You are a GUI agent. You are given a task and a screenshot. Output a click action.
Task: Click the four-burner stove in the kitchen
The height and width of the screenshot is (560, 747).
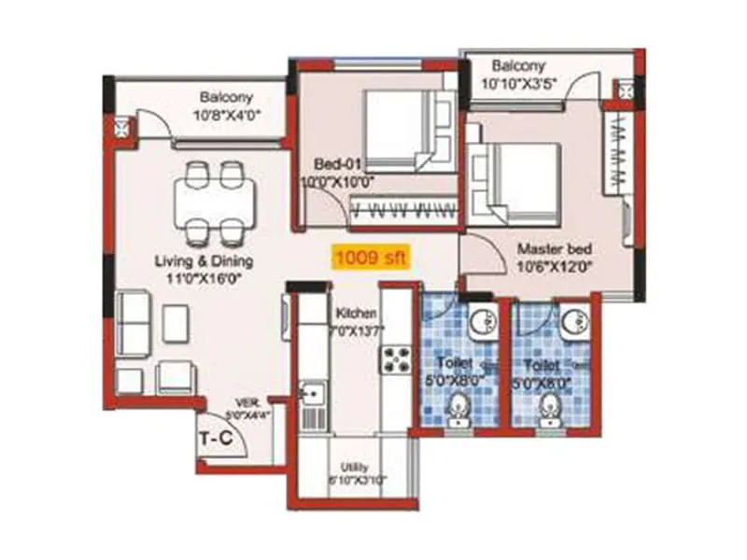coord(396,359)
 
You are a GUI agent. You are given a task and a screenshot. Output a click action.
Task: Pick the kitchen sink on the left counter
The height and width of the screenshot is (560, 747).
coord(311,397)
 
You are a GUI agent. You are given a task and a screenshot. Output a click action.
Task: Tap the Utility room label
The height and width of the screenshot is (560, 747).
coord(355,467)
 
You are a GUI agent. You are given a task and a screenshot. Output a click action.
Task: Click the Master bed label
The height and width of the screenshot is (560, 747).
coord(555,250)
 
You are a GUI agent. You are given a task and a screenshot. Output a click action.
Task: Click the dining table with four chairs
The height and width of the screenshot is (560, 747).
coord(215,202)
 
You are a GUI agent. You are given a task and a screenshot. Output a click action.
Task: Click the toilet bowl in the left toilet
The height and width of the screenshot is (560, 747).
coord(458,407)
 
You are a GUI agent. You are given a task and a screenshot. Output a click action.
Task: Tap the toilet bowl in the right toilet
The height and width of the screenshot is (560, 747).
coord(551,407)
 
